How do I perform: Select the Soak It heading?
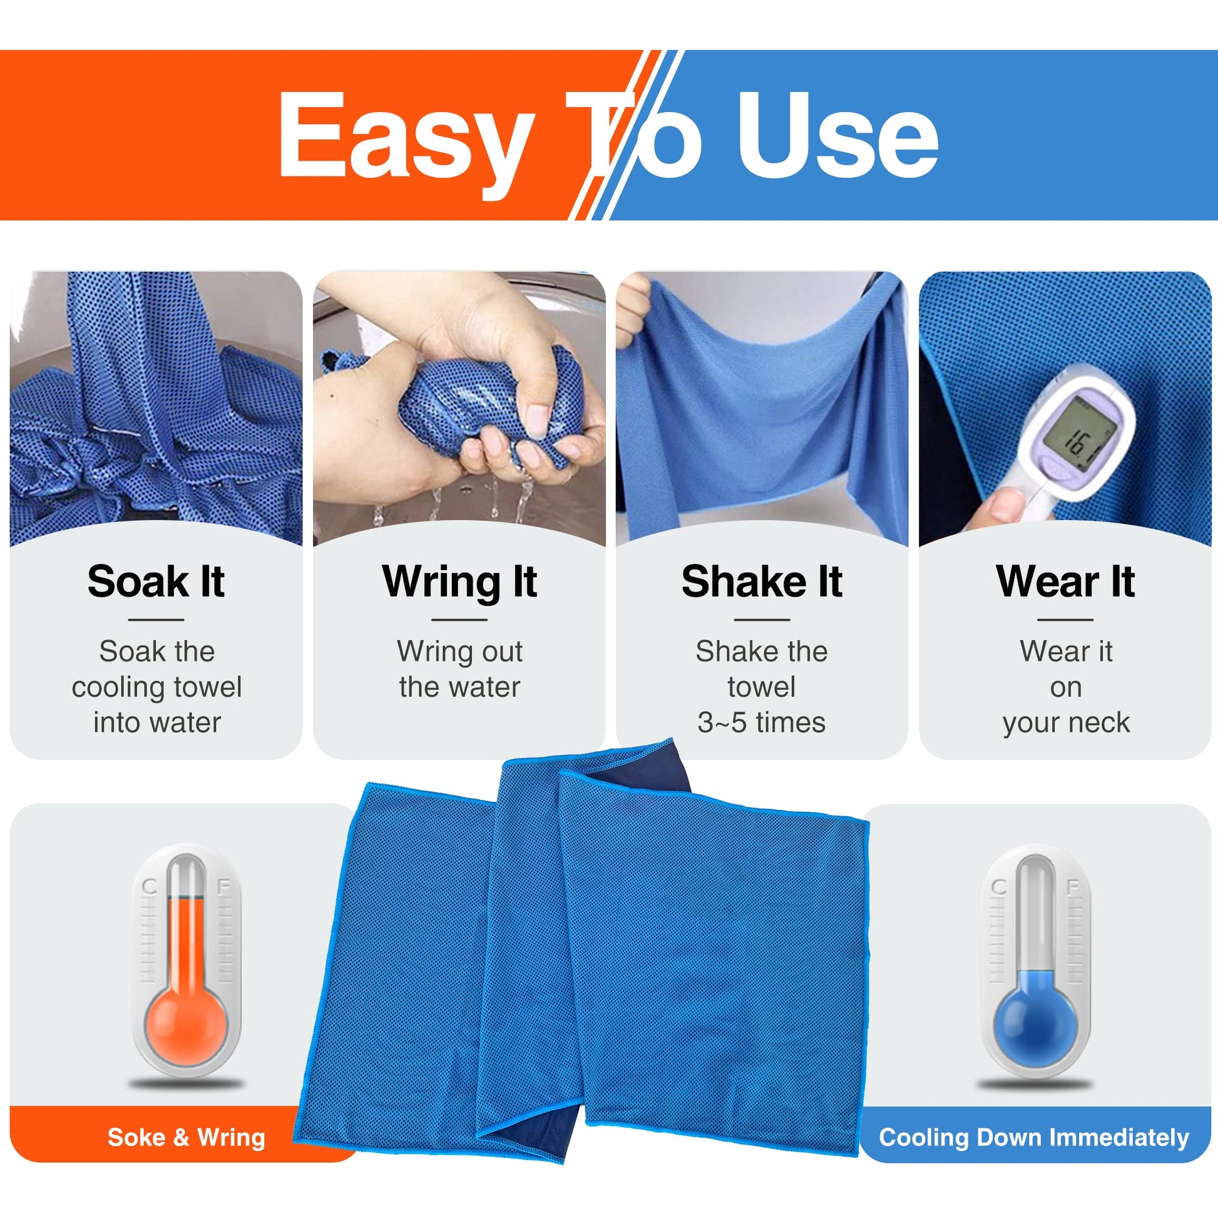coord(156,581)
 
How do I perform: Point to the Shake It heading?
coord(762,581)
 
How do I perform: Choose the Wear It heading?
coord(1065,581)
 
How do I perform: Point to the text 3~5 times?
coord(762,722)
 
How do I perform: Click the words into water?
coord(157,722)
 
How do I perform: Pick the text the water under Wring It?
coord(459,687)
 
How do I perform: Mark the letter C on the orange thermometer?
coord(149,887)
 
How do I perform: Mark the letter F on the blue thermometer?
coord(1072,887)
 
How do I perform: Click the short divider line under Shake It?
coord(762,620)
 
